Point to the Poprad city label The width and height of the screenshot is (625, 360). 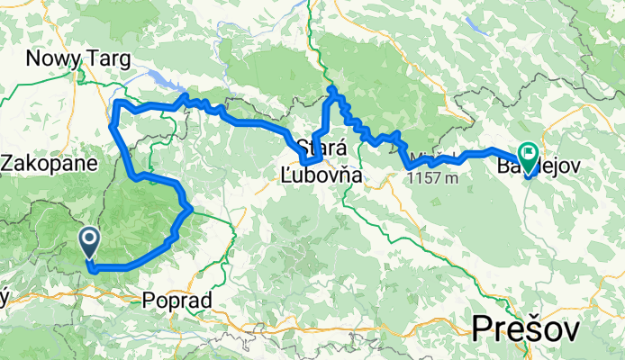click(177, 300)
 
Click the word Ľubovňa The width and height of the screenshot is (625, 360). click(321, 177)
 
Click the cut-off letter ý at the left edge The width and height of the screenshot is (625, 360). click(4, 300)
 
